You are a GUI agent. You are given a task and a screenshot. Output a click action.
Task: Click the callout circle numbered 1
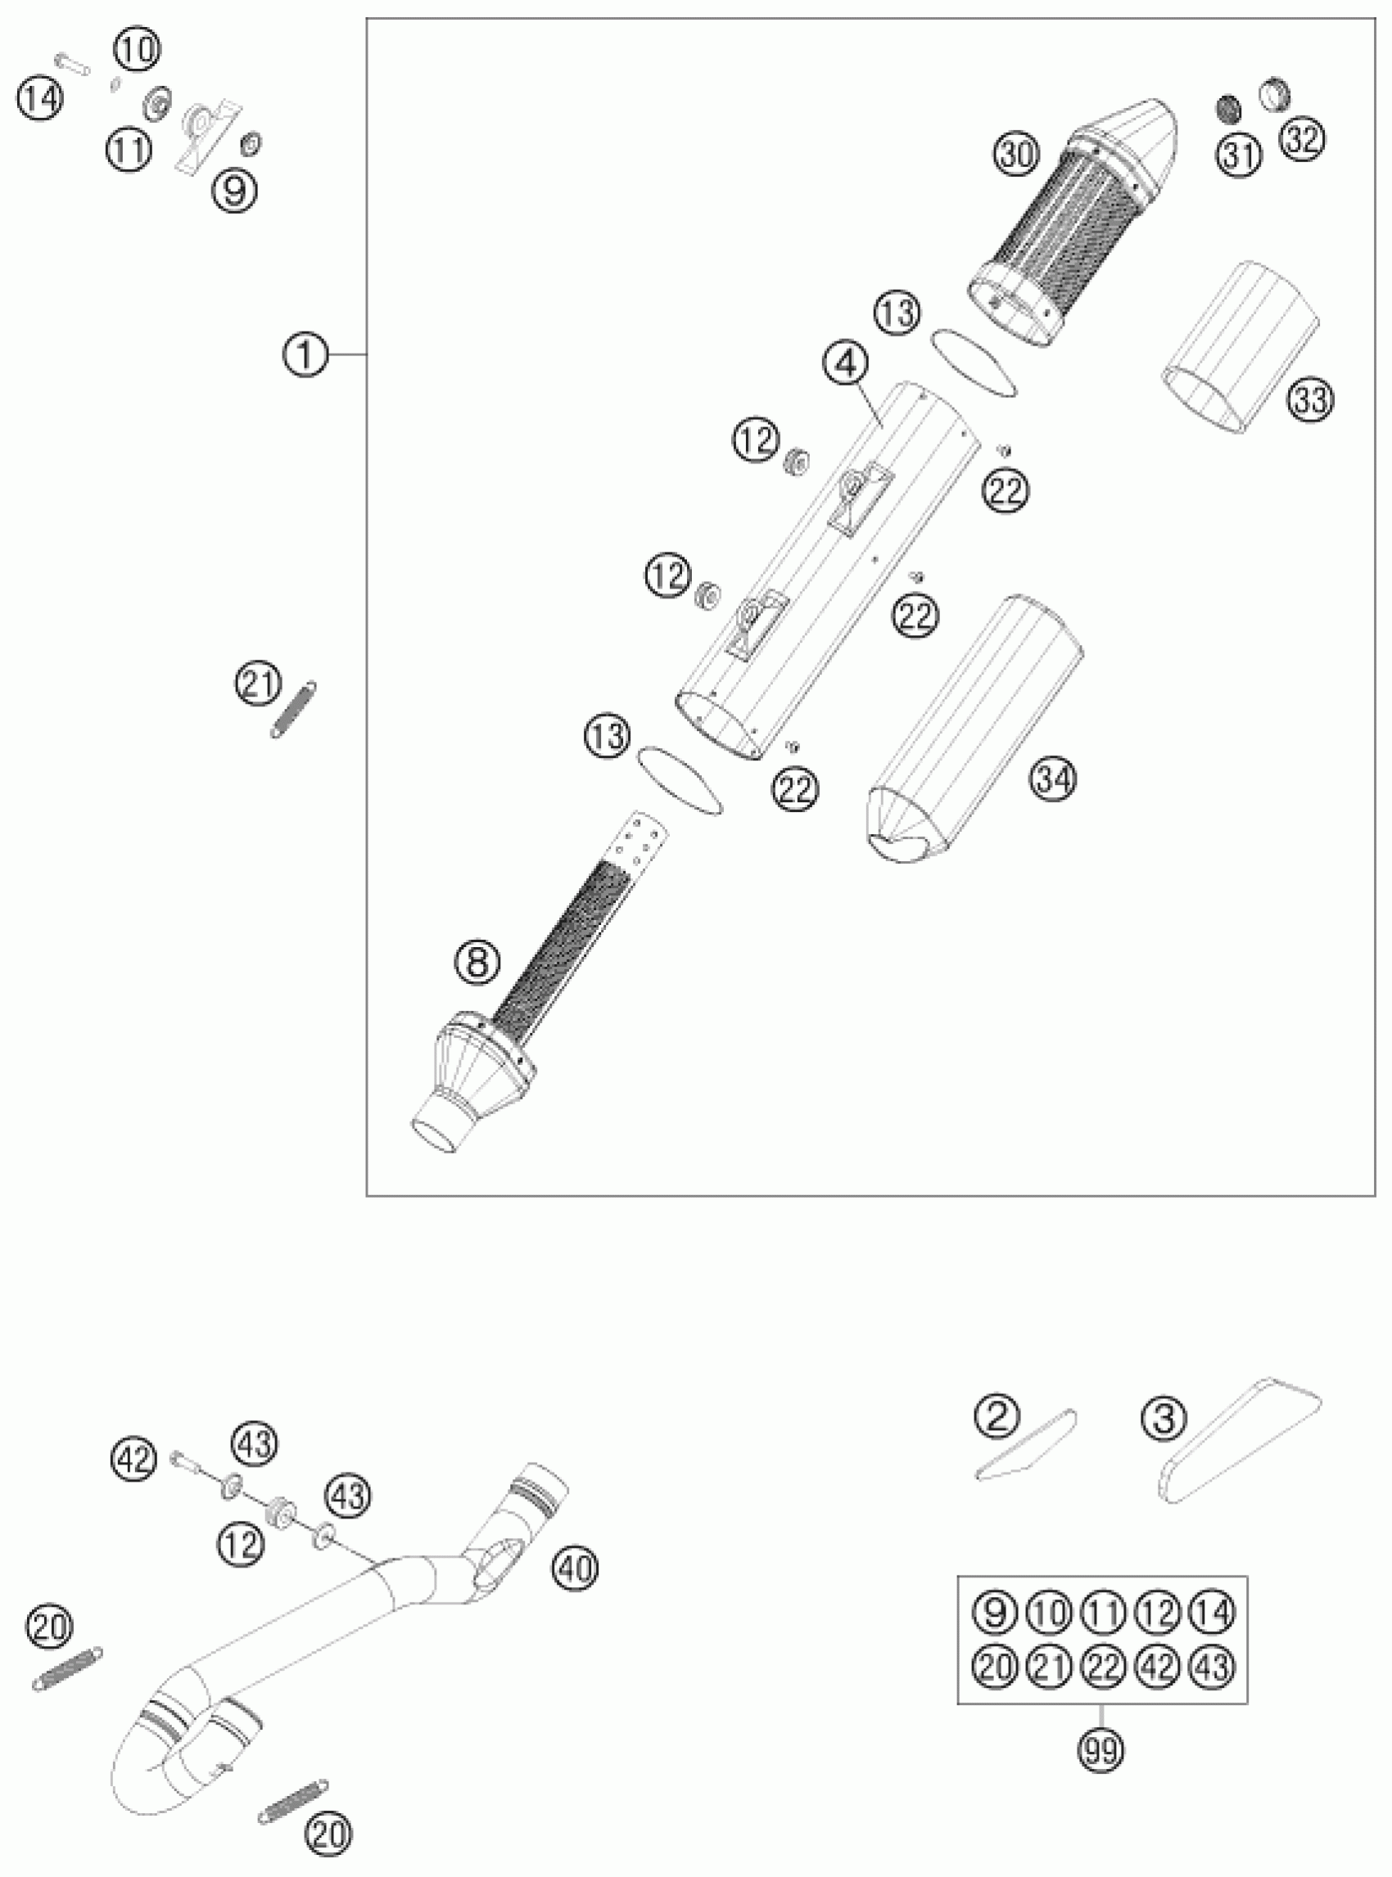click(x=304, y=355)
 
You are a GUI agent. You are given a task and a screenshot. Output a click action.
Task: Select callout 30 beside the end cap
click(x=1017, y=155)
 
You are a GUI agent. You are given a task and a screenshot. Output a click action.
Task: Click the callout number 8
click(x=477, y=962)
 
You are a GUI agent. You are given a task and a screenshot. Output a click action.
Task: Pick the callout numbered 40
click(x=575, y=1568)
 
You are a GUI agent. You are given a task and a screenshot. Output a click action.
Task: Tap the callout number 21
click(x=258, y=684)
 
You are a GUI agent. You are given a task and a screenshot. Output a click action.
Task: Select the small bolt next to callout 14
click(x=72, y=64)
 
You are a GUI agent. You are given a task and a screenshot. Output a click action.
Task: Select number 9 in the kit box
click(x=993, y=1613)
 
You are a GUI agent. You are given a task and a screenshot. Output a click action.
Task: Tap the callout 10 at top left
click(x=137, y=51)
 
